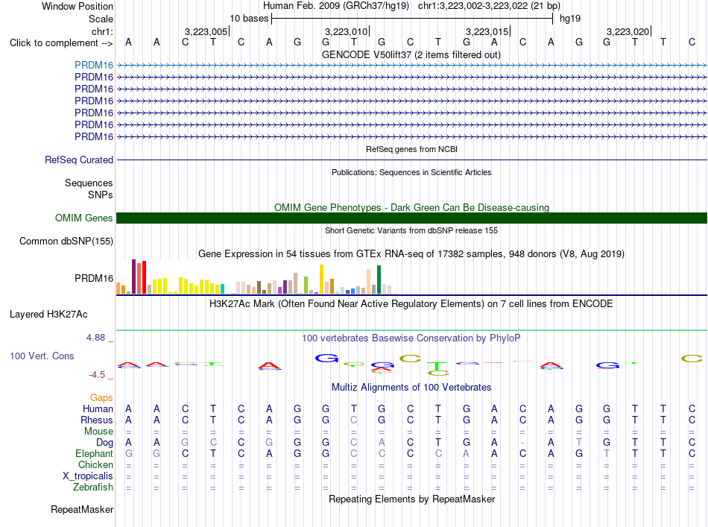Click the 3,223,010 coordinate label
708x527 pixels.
346,31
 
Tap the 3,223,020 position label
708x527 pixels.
628,31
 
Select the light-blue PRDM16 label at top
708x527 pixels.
94,65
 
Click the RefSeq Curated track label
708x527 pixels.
79,160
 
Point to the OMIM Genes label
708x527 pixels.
84,218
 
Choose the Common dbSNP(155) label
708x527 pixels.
66,242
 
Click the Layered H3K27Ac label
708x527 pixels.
48,315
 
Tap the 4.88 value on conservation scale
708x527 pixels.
95,338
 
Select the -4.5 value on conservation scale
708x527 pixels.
97,375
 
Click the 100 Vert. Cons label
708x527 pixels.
42,356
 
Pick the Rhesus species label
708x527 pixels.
97,420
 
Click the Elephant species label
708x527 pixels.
94,453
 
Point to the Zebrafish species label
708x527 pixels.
93,487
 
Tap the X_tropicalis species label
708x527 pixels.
88,476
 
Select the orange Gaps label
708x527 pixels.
101,398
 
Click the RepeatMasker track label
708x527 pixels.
82,509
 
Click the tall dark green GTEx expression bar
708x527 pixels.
379,280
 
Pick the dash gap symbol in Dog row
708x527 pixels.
522,443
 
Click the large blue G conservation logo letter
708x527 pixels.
326,359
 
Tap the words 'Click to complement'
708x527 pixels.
54,43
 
